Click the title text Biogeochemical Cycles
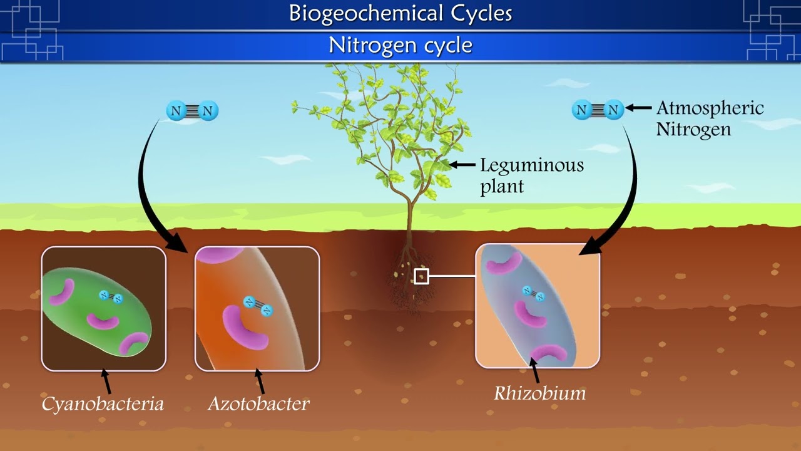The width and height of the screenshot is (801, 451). click(x=400, y=13)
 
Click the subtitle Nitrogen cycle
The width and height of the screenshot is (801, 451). click(x=400, y=45)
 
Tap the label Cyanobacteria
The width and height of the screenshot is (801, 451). click(x=103, y=404)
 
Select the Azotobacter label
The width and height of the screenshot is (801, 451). click(x=258, y=404)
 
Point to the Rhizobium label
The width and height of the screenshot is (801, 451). click(x=539, y=393)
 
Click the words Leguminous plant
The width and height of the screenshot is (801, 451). click(x=531, y=175)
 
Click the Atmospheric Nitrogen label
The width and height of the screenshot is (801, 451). click(x=710, y=118)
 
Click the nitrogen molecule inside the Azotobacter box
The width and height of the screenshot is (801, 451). click(x=258, y=306)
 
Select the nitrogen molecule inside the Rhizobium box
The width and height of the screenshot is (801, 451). click(x=534, y=293)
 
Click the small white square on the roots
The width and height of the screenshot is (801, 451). click(x=421, y=276)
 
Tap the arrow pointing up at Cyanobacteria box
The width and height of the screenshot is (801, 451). click(x=107, y=381)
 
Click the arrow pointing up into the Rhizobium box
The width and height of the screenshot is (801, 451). click(x=535, y=370)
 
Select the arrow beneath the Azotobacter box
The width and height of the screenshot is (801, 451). click(x=259, y=381)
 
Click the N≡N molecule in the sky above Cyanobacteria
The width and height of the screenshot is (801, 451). click(x=192, y=111)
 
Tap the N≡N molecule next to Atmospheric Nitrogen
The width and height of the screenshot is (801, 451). click(x=598, y=110)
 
